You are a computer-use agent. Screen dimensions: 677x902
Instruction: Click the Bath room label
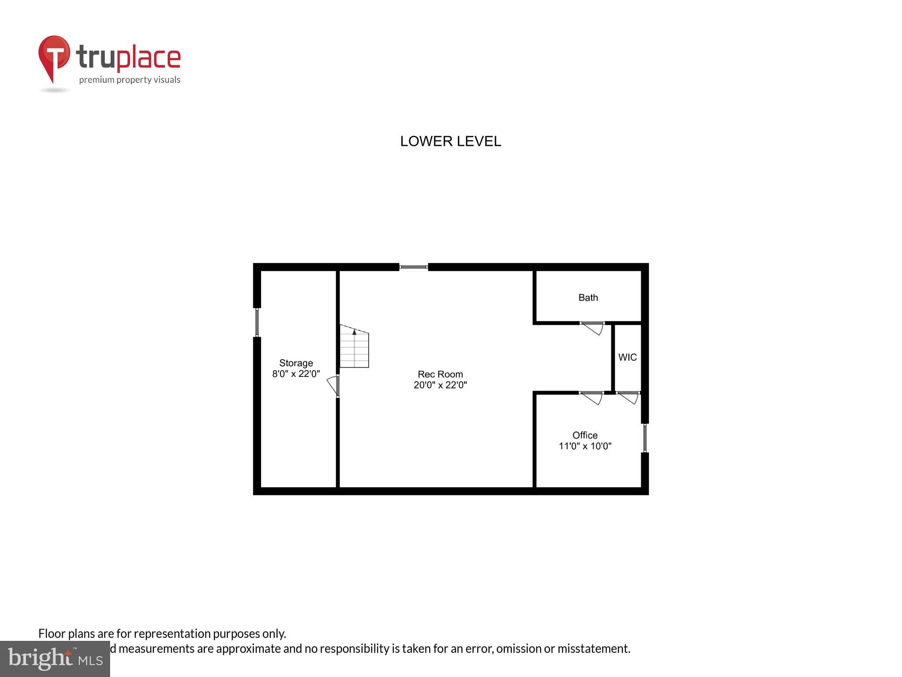pos(588,298)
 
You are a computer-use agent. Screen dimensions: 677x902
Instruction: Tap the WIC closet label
pos(627,357)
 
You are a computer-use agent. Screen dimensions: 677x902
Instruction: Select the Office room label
pos(585,435)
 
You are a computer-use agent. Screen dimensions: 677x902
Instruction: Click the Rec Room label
pos(440,374)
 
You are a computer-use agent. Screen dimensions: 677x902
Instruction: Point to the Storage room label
pos(296,363)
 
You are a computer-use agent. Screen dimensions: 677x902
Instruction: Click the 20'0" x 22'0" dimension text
pos(440,385)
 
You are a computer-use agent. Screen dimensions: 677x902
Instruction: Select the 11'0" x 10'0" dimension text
pos(585,446)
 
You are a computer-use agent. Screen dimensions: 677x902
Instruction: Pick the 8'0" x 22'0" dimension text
pos(296,374)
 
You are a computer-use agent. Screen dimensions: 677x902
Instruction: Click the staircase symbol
pos(354,346)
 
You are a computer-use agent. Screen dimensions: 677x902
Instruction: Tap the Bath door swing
pos(593,328)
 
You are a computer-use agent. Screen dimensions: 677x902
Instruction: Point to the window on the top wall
pos(414,267)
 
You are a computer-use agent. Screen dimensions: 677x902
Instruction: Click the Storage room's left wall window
pos(257,322)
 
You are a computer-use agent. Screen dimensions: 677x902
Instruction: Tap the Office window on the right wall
pos(645,438)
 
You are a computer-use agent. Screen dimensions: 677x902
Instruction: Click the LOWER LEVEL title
pos(451,141)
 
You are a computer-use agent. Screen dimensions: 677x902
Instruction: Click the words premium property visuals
pos(129,80)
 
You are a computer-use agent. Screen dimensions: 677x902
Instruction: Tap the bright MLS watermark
pos(55,659)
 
